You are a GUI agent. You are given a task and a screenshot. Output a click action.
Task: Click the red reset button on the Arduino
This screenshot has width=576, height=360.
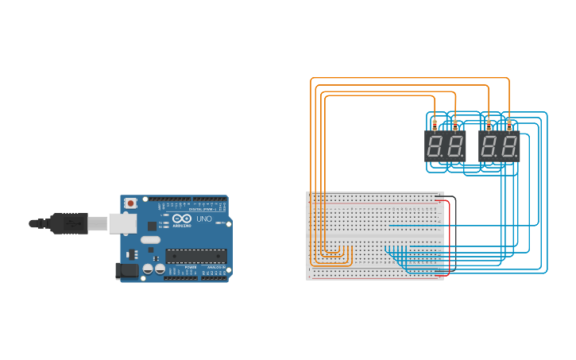point(130,203)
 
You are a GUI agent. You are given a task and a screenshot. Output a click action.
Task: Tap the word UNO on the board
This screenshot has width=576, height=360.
point(204,219)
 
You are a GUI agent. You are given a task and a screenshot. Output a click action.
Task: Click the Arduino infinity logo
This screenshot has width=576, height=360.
point(182,219)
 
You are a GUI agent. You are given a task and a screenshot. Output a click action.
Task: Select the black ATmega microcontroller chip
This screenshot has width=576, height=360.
point(195,256)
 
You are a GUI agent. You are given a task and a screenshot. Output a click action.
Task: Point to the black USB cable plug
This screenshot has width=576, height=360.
point(68,223)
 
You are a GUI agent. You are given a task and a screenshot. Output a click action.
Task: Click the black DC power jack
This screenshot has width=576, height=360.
point(127,271)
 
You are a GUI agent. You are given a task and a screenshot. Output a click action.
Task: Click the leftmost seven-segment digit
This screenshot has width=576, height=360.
point(435,146)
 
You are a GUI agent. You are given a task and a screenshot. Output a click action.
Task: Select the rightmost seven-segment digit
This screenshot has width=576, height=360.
point(508,146)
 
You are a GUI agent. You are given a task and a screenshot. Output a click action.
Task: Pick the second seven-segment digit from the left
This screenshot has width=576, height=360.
point(455,146)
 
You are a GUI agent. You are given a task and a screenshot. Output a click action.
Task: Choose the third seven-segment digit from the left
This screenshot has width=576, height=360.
point(489,146)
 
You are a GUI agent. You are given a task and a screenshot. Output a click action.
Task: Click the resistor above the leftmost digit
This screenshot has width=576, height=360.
point(434,123)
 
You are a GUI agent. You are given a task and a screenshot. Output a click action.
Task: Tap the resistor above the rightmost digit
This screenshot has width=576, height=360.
point(509,123)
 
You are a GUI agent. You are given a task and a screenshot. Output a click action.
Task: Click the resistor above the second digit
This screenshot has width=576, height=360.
point(454,123)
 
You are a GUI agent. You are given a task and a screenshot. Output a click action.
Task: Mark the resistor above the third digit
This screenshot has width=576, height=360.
point(488,123)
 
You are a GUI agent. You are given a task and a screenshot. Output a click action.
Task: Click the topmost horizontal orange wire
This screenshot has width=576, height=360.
point(409,78)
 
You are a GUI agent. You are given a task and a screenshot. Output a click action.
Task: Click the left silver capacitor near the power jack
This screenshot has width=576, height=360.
point(148,269)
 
